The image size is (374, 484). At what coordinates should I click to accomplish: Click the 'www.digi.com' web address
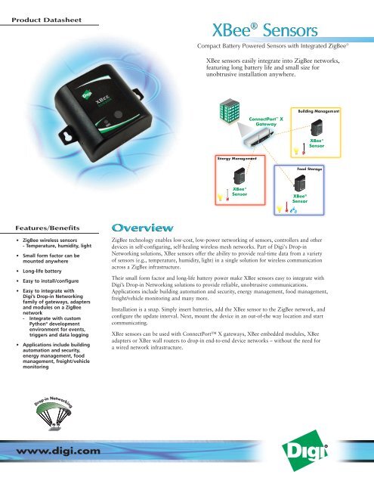52,451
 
